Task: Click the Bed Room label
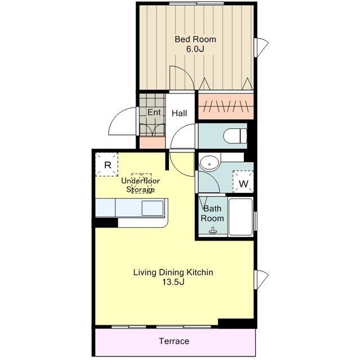tap(195, 39)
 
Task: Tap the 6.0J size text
tap(195, 49)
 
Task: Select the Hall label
tap(179, 113)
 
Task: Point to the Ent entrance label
tap(154, 112)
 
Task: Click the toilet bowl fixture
tap(235, 136)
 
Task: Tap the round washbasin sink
tap(210, 163)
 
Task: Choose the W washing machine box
tap(243, 182)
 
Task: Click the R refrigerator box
tap(107, 165)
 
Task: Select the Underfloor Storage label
tap(140, 185)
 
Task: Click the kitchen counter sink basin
tap(153, 208)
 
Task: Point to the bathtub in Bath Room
tap(240, 217)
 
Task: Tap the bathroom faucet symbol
tap(213, 231)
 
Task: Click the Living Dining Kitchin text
tap(173, 272)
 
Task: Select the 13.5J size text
tap(173, 282)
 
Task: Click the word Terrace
tap(174, 341)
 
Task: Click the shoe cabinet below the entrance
tap(153, 142)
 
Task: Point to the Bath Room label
tap(212, 214)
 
